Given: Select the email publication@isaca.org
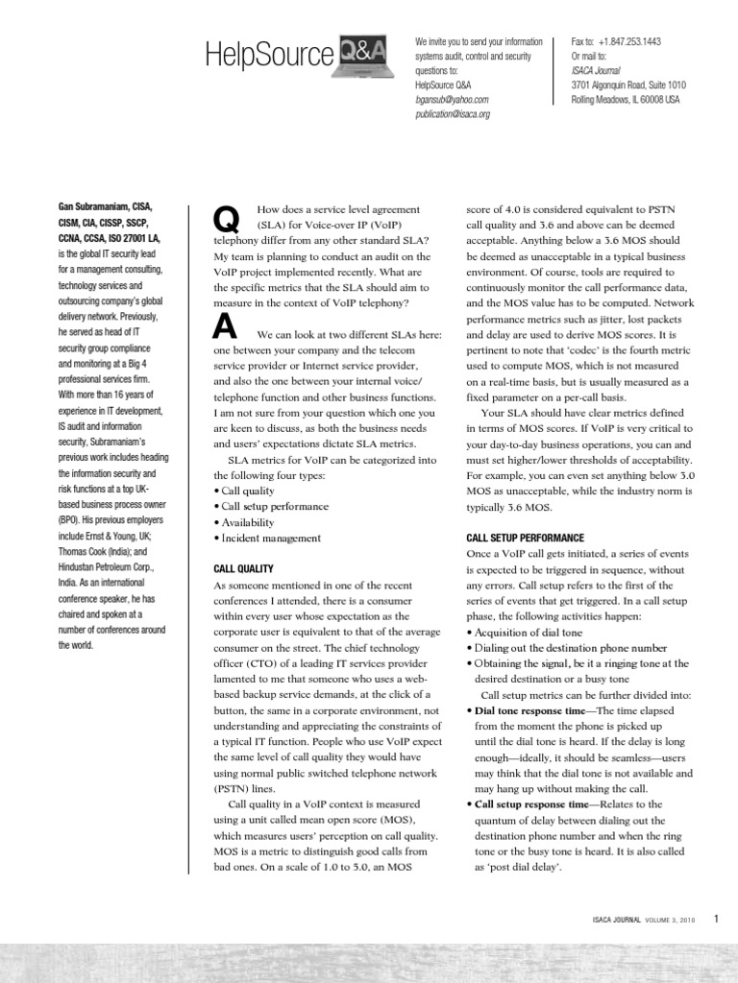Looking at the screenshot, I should click(x=453, y=113).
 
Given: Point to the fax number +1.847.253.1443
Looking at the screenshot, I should click(x=628, y=42).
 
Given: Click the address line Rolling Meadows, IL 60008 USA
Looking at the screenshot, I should click(x=626, y=99).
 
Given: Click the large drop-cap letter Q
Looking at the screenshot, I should click(x=225, y=220).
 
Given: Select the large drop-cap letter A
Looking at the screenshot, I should click(x=224, y=328).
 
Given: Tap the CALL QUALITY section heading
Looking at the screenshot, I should click(x=243, y=569).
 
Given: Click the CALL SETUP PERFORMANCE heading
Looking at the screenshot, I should click(x=526, y=539).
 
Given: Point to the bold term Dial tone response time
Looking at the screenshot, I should click(x=529, y=710).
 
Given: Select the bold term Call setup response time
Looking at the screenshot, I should click(x=532, y=803).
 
